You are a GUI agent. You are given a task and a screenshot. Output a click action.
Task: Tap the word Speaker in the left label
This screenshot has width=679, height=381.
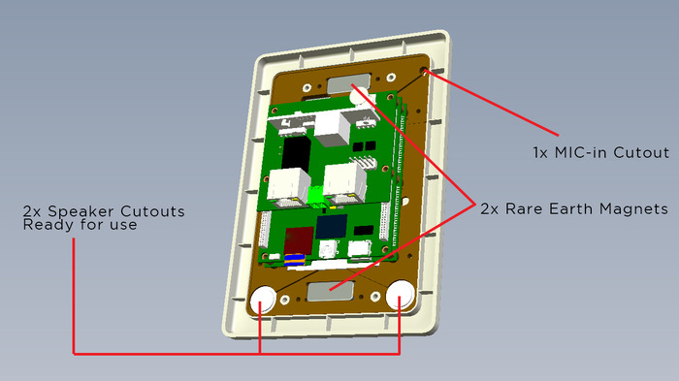coord(81,211)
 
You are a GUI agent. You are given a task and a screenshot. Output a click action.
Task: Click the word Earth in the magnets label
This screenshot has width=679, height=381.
coord(568,209)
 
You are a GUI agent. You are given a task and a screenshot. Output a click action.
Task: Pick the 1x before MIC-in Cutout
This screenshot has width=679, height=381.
coord(541,153)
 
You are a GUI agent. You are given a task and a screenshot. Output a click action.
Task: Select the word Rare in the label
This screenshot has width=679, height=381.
coord(524,209)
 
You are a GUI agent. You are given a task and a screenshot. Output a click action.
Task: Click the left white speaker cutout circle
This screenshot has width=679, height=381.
coord(263,300)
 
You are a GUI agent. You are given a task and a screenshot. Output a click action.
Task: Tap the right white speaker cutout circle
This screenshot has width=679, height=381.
coord(400,295)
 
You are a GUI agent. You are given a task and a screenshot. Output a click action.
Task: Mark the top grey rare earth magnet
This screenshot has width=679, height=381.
coord(349,83)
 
